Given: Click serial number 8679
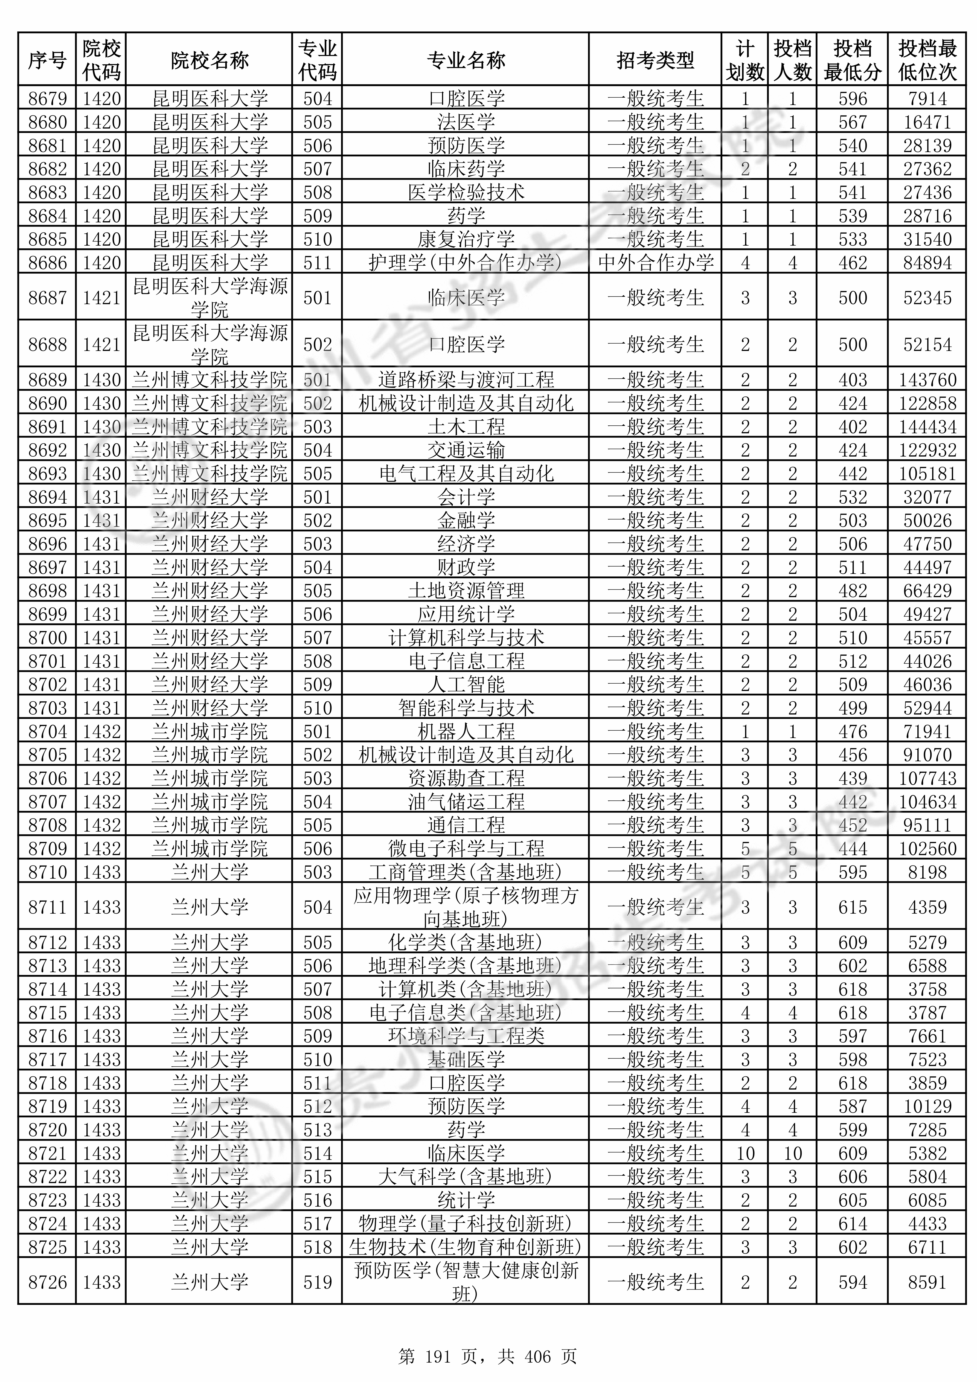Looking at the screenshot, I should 48,98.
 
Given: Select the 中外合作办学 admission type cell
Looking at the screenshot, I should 655,262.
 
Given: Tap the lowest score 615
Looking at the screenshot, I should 852,907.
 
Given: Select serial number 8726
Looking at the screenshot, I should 48,1282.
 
